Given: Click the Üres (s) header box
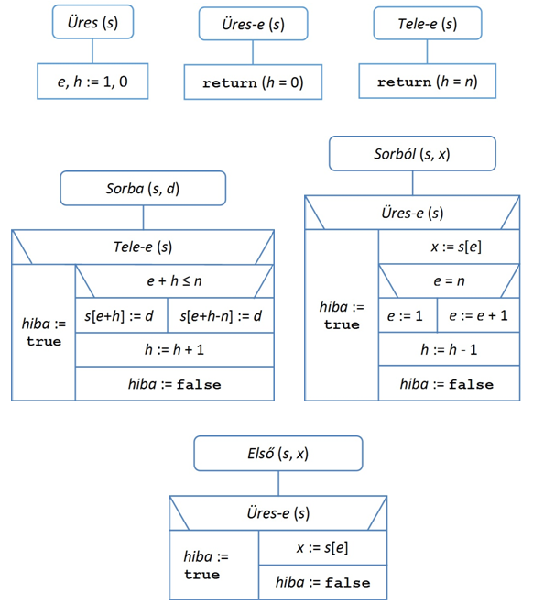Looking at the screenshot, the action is coord(92,22).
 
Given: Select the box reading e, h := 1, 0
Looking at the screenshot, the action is coord(92,82).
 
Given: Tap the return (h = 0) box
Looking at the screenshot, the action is coord(253,82).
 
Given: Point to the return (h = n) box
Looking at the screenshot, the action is coord(428,82).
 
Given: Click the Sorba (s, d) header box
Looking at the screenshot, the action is coord(143,188).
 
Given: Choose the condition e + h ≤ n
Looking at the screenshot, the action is coord(174,280).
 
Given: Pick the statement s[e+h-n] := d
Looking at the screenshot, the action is coord(221,315).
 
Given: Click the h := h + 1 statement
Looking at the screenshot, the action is coord(174,349).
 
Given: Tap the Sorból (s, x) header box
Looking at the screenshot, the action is coord(412,153).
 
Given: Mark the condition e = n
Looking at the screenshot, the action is coord(449,280).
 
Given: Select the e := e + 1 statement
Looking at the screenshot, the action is coord(479,315).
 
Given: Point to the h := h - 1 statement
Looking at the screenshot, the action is coord(449,349).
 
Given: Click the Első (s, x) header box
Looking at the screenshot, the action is coord(278,454).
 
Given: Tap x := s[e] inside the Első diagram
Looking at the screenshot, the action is coord(322,547).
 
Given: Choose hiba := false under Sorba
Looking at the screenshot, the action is coord(174,384).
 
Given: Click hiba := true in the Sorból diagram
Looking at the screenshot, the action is coord(342,315).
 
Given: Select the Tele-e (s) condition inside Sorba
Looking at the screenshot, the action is coord(143,247).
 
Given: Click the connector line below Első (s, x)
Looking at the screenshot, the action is coord(278,483).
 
